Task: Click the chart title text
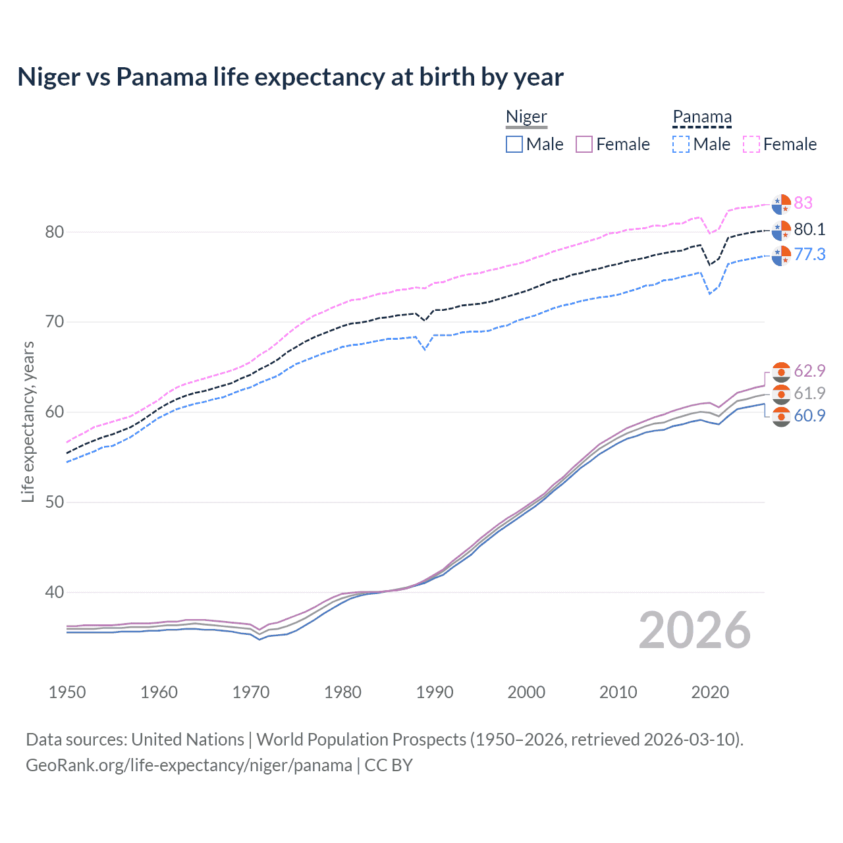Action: pos(290,77)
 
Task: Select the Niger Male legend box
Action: pos(514,144)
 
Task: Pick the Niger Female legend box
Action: pos(584,144)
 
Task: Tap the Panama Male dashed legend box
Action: pos(681,144)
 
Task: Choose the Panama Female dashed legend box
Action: pos(751,144)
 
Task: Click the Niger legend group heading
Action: pos(526,117)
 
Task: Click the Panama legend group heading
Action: pos(702,117)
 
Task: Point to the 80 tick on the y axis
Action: pos(55,232)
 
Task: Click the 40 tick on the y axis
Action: pos(55,592)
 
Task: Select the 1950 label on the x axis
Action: pos(67,692)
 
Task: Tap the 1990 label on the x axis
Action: pos(435,692)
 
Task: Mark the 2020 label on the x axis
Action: pos(710,692)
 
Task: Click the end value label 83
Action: pos(803,203)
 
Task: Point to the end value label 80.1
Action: pos(809,229)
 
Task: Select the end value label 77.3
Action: pos(809,254)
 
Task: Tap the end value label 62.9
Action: pos(809,371)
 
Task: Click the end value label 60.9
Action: pos(809,416)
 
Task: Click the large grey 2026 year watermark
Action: pos(694,630)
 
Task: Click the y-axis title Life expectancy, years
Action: pos(28,421)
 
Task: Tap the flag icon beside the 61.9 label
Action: pos(781,394)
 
